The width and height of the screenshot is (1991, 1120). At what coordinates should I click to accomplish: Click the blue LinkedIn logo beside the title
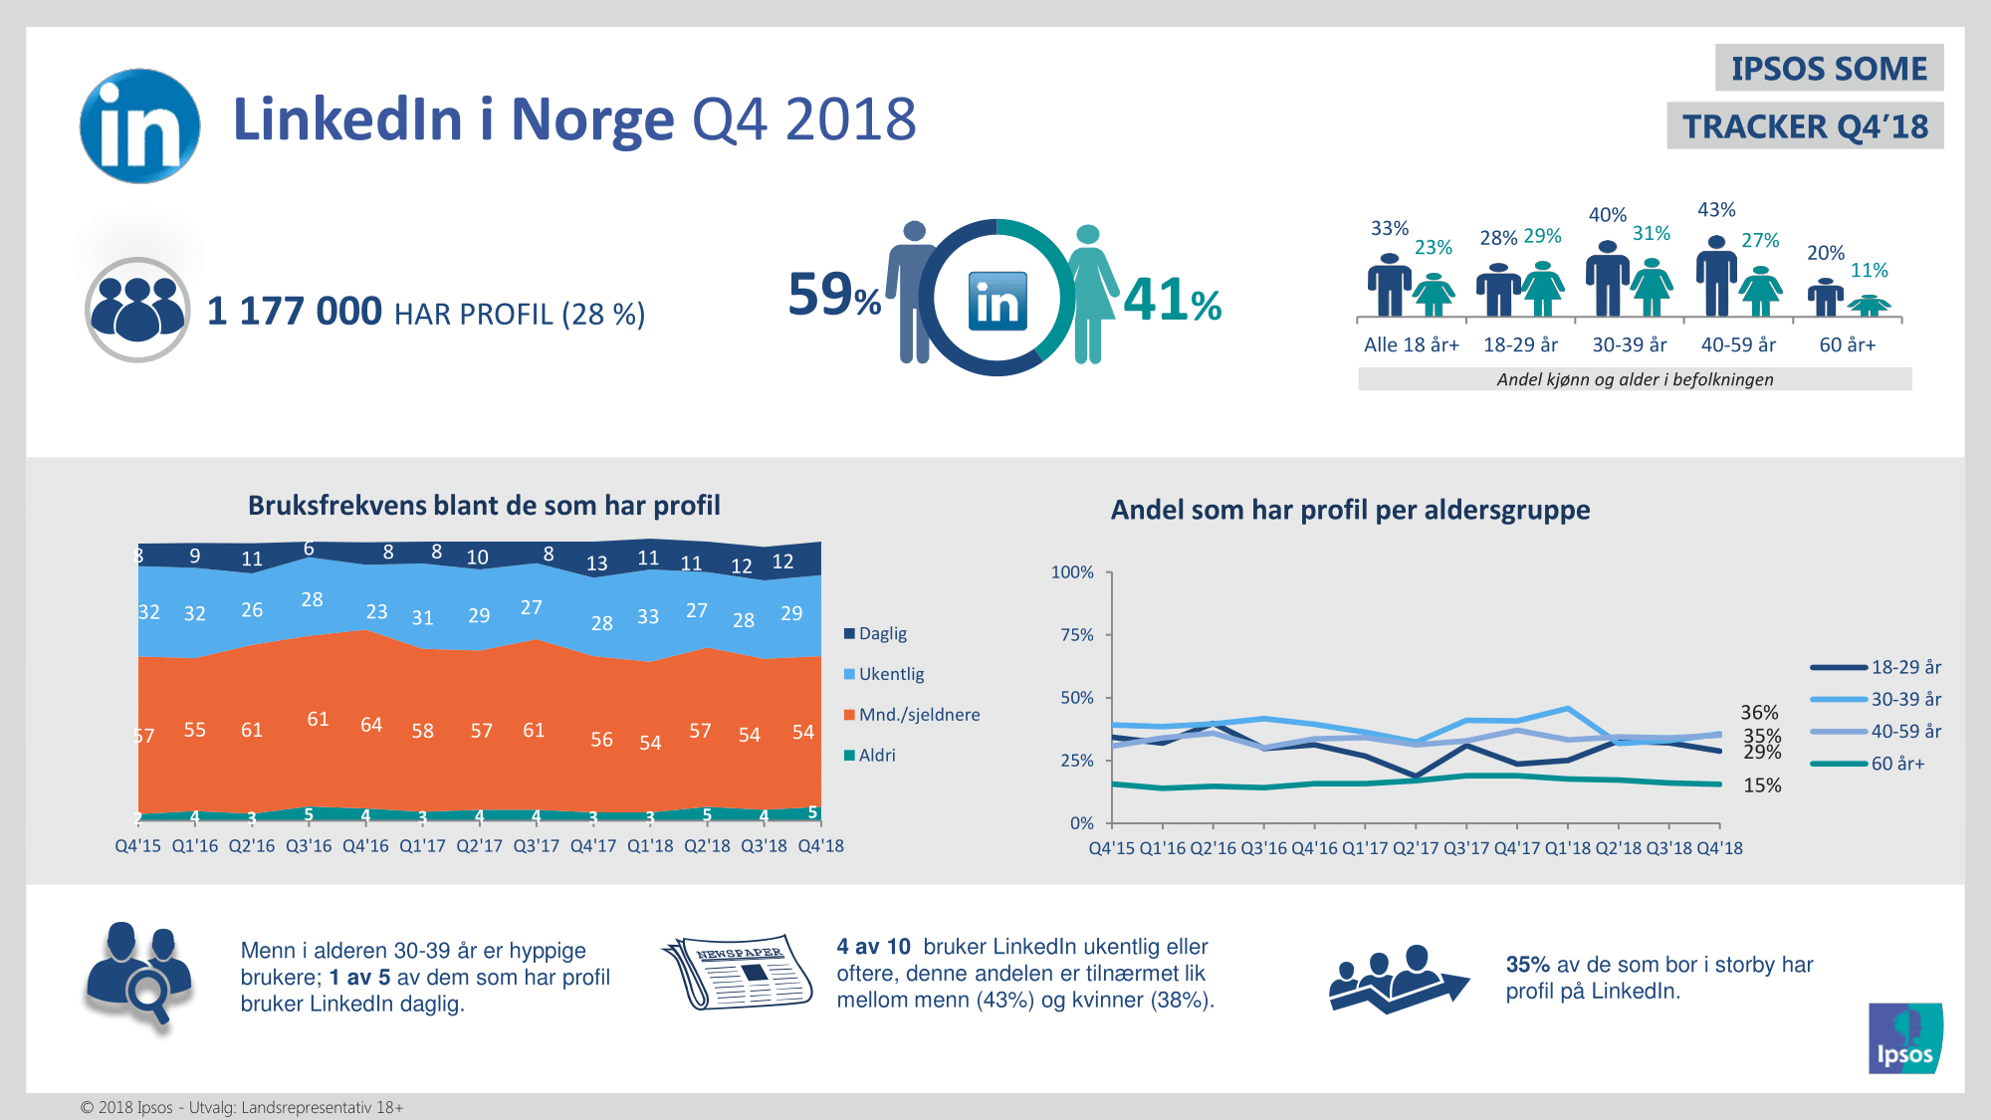point(139,125)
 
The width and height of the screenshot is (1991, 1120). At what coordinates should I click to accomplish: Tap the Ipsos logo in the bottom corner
point(1905,1038)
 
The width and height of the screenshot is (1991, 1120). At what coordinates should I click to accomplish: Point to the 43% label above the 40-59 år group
point(1716,210)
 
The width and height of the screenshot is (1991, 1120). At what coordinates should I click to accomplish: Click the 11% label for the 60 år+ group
point(1869,271)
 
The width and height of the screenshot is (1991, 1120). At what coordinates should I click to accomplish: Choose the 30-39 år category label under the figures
point(1629,345)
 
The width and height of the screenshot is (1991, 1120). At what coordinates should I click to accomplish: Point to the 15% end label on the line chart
point(1762,785)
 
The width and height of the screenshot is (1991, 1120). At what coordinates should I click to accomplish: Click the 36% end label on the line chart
point(1759,712)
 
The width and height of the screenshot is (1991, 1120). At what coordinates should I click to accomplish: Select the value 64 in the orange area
point(371,725)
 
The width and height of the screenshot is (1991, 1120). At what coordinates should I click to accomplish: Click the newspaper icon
point(737,972)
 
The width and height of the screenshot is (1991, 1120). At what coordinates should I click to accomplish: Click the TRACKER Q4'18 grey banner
point(1805,126)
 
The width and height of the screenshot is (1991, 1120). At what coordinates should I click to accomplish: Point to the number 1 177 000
point(294,312)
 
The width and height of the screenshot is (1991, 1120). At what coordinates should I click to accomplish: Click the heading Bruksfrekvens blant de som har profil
point(484,506)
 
